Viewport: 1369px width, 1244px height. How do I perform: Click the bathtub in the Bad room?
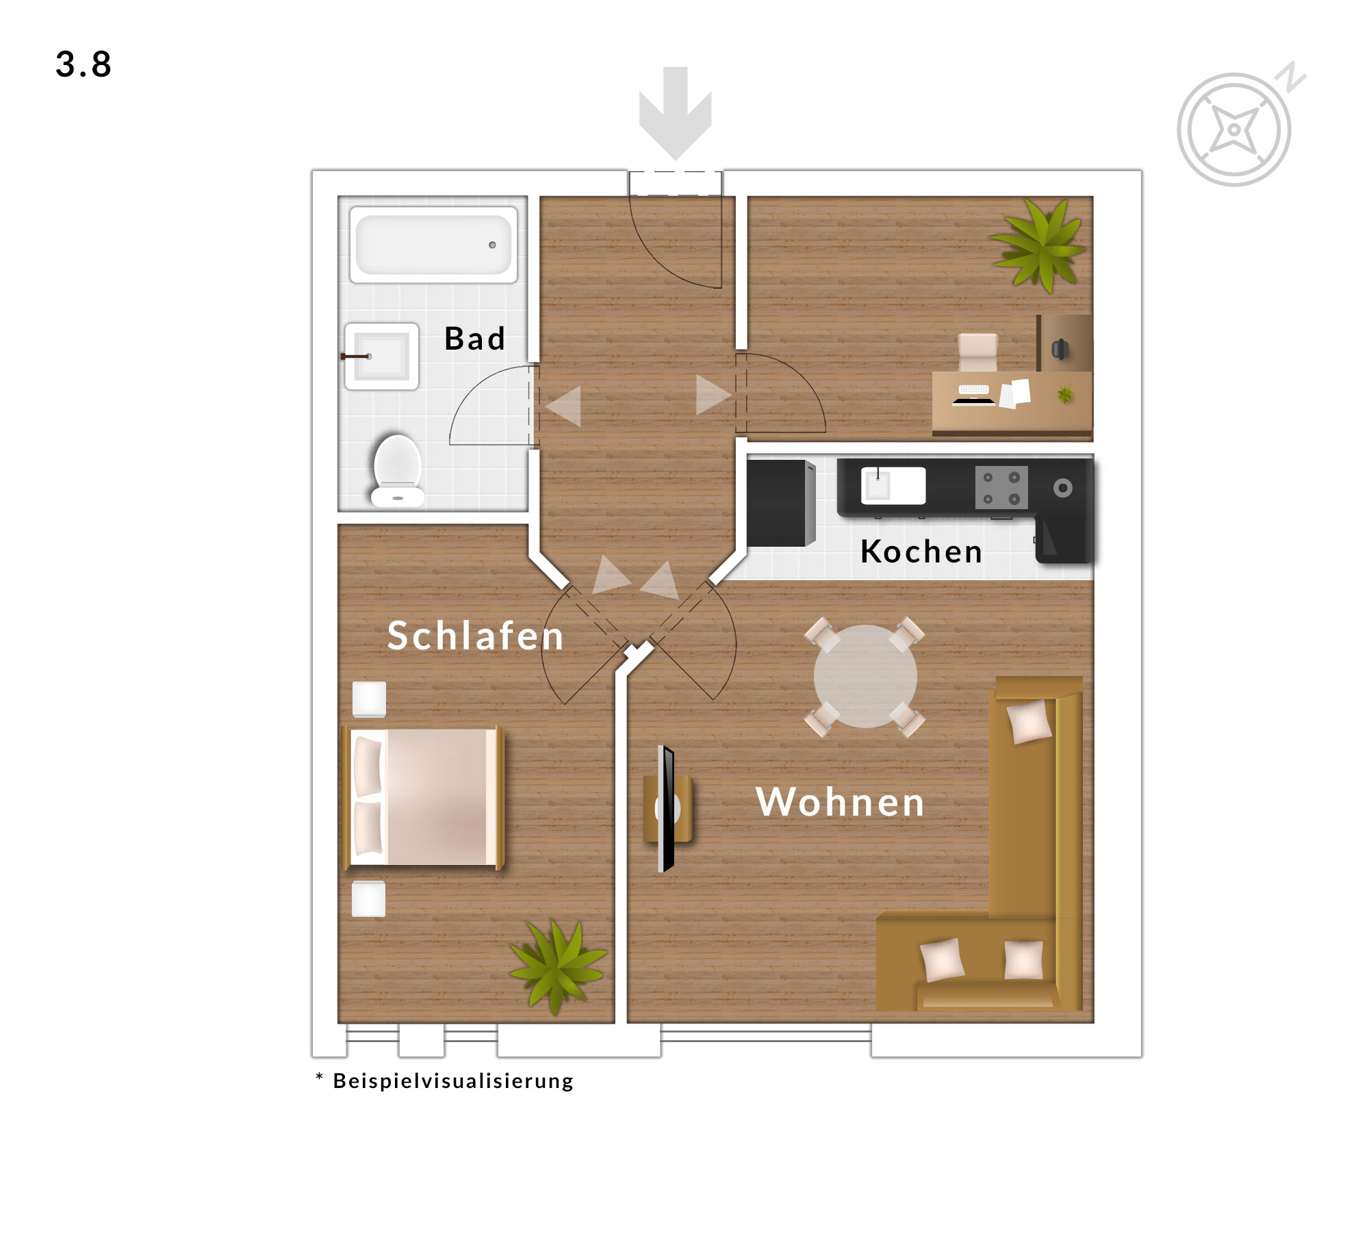(x=433, y=244)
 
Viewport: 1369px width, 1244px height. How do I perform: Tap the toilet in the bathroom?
(x=397, y=470)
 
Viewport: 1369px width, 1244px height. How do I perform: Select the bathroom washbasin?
(x=381, y=356)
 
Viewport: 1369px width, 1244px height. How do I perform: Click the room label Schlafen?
(x=476, y=636)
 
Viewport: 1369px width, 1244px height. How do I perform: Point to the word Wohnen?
(x=841, y=802)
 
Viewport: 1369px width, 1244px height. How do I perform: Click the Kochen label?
(x=921, y=552)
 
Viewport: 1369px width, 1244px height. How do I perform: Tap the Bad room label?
(x=474, y=339)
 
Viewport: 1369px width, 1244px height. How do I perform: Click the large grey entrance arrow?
(x=675, y=113)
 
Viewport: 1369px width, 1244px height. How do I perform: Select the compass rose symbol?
(x=1234, y=129)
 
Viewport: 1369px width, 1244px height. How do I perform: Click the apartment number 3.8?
(x=84, y=65)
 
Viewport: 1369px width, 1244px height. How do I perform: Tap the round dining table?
(x=865, y=676)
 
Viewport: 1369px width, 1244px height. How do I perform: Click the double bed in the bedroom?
(x=423, y=798)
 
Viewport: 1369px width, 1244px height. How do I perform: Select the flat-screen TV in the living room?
(x=666, y=809)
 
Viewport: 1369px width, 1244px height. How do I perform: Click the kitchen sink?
(x=893, y=486)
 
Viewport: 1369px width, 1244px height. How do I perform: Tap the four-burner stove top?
(x=1001, y=487)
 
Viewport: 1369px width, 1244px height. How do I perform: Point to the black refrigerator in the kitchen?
(x=781, y=503)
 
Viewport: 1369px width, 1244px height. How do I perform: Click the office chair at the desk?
(x=977, y=352)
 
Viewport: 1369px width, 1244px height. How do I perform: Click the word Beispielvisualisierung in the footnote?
(x=453, y=1081)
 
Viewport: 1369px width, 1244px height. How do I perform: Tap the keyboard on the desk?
(x=973, y=390)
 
